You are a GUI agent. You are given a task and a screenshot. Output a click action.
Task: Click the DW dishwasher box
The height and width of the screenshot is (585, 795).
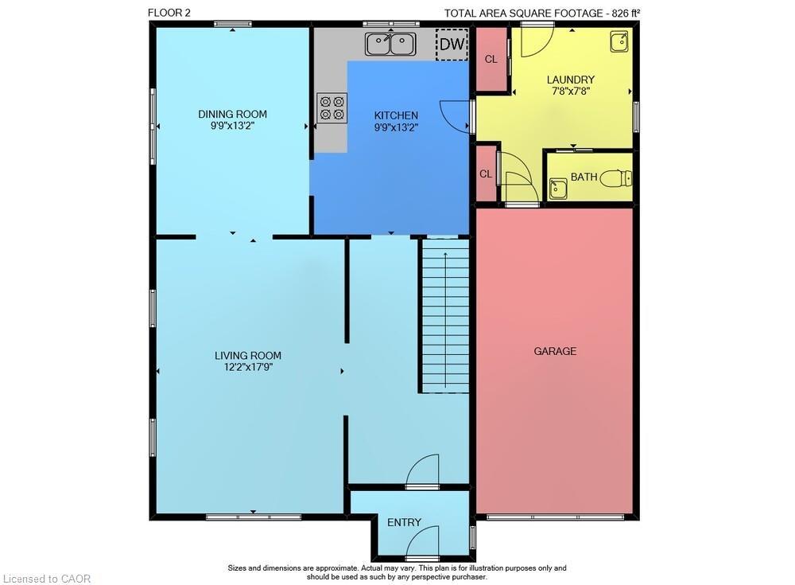tap(452, 45)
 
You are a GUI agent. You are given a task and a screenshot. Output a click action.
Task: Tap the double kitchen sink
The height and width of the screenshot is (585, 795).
tap(390, 44)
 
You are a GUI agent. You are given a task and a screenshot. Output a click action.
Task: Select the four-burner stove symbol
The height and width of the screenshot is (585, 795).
tap(332, 107)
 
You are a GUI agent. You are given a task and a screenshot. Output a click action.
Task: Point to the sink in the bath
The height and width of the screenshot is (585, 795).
tap(558, 189)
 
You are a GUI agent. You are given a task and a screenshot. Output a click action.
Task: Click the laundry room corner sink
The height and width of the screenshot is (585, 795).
tap(619, 41)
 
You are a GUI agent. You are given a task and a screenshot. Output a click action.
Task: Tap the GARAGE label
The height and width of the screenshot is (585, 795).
tap(555, 351)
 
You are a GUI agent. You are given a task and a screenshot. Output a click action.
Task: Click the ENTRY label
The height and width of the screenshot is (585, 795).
tap(404, 522)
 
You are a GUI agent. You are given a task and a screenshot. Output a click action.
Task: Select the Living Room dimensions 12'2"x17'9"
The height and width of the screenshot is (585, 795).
tap(248, 367)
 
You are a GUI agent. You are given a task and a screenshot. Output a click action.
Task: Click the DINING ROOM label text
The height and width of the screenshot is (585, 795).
tap(232, 114)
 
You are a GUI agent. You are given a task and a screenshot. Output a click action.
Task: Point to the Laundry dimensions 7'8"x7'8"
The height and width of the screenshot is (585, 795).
tap(570, 92)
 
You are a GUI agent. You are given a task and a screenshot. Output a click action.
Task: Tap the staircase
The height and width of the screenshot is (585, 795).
tap(444, 316)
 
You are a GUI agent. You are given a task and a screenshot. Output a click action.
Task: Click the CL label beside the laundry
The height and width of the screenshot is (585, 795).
tap(491, 59)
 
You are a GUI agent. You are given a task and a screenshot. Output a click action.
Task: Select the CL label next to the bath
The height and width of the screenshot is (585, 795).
tap(485, 174)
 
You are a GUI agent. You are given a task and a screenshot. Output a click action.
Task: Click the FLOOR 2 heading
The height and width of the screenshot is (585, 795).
tap(169, 12)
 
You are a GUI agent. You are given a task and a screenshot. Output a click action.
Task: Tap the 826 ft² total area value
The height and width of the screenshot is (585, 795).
tap(625, 12)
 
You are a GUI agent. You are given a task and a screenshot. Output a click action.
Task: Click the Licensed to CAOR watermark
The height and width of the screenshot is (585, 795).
tap(47, 579)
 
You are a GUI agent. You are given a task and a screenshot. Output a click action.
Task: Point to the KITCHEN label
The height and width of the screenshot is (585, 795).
tap(396, 115)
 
